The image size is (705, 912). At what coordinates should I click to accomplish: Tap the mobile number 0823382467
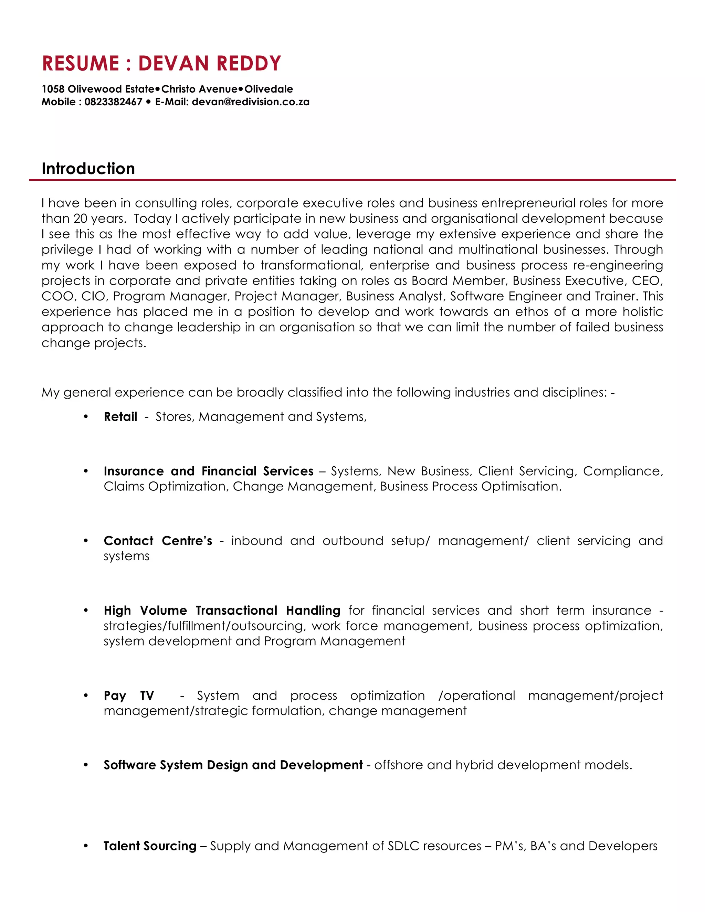point(113,102)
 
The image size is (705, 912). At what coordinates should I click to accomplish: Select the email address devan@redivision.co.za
point(251,102)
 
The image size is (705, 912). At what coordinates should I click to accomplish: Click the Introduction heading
point(88,169)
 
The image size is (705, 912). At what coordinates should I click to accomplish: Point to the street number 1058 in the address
point(53,89)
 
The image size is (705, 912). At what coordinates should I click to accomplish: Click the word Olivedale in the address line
point(269,89)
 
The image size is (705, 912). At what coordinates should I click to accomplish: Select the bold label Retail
point(120,417)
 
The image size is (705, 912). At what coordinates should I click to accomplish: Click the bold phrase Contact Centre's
point(158,541)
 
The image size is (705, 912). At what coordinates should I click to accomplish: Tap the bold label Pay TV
point(129,695)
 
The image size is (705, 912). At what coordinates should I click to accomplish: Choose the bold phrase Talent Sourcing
point(150,846)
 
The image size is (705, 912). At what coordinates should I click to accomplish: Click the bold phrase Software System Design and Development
point(233,765)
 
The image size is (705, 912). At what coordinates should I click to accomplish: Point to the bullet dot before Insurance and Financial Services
point(86,471)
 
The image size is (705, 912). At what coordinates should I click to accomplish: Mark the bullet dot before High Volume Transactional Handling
point(86,610)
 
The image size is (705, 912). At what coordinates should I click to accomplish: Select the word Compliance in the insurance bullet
point(622,471)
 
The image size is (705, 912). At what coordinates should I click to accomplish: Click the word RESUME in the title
point(81,63)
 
